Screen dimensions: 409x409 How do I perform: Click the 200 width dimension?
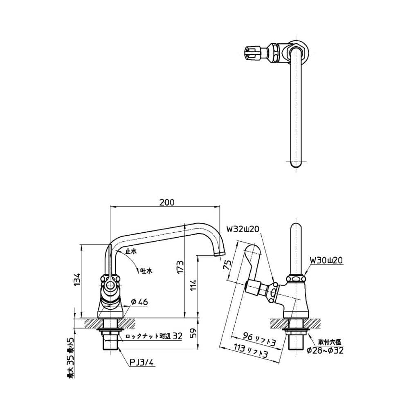167,202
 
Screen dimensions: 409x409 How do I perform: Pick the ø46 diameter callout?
139,302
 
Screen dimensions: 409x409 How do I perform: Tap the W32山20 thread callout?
245,229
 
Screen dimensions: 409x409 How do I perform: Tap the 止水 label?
131,251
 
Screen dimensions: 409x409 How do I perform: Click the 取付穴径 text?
328,341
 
